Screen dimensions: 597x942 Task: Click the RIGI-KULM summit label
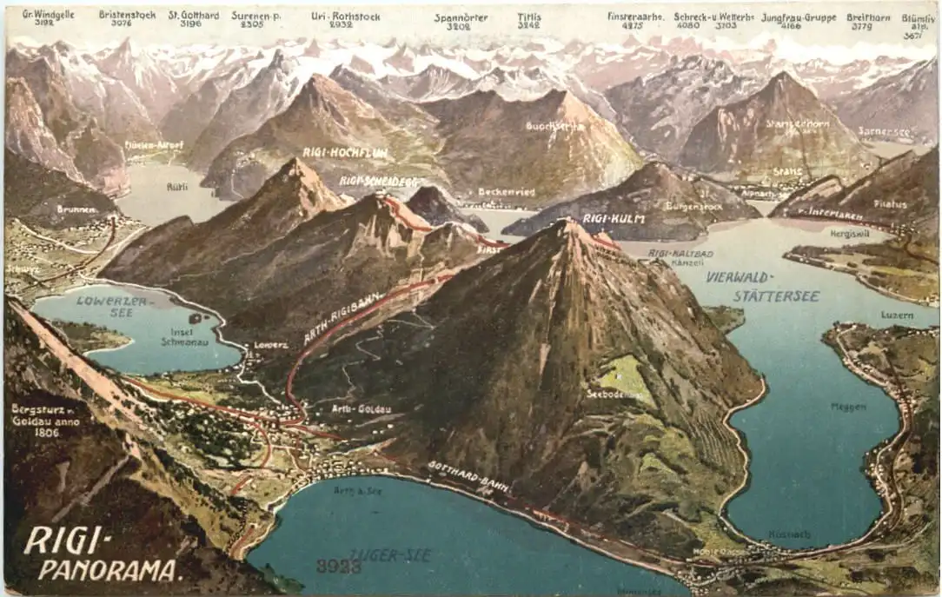point(614,219)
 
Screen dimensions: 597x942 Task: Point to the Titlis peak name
point(528,17)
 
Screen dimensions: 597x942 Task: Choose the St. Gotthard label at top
point(194,15)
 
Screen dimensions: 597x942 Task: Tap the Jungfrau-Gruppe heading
point(799,17)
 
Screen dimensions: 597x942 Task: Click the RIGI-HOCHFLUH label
point(345,152)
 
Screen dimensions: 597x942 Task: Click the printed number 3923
point(338,566)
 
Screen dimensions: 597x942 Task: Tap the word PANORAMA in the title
point(110,570)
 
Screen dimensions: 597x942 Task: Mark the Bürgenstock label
point(694,206)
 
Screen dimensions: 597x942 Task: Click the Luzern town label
point(897,315)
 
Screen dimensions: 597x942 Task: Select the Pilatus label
point(890,205)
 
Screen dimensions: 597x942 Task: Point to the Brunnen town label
point(76,209)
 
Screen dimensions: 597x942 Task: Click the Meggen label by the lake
point(848,406)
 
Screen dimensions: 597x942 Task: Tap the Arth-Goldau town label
point(354,408)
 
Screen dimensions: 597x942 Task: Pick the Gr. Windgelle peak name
point(48,15)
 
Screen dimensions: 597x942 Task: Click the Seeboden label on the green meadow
point(614,394)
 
